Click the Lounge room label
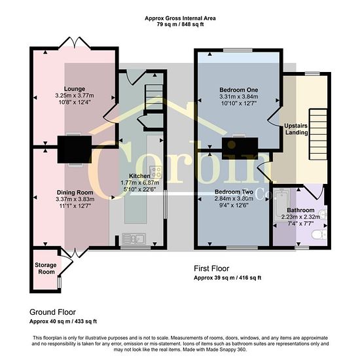click(x=75, y=89)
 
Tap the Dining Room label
click(x=75, y=192)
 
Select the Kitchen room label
click(x=139, y=176)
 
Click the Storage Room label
click(x=46, y=268)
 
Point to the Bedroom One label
click(x=239, y=90)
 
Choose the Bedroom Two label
click(x=234, y=192)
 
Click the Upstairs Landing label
click(x=296, y=129)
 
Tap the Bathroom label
click(x=300, y=210)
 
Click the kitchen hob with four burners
click(x=156, y=172)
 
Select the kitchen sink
click(x=134, y=238)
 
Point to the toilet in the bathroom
click(x=319, y=235)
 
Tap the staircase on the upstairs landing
click(x=318, y=134)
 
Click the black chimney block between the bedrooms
click(x=240, y=149)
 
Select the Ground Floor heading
click(x=52, y=312)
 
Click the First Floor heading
click(x=211, y=268)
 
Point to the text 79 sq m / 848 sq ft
click(x=180, y=24)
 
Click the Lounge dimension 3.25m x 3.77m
click(x=75, y=96)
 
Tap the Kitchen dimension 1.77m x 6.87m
click(x=140, y=183)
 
